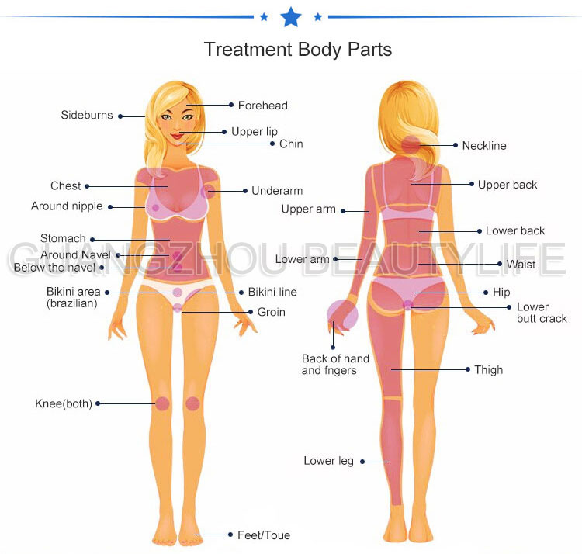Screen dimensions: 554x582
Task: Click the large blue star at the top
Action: (290, 16)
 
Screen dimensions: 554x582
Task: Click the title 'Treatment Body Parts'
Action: (298, 50)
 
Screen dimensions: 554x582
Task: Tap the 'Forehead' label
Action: (262, 105)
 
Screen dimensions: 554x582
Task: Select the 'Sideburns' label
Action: (87, 116)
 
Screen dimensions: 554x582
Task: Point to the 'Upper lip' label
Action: (254, 132)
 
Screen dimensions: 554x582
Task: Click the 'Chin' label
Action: (291, 144)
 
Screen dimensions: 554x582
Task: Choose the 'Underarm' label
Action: (277, 191)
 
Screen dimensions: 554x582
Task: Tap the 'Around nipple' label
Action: (67, 206)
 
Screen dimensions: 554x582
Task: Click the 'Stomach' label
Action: (63, 239)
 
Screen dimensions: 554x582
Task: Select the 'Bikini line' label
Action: (272, 293)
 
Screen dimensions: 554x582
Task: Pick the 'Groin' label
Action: (272, 312)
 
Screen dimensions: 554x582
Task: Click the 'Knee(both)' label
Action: (64, 403)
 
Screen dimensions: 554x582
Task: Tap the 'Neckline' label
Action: (483, 145)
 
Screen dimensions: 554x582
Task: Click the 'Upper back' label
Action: (508, 185)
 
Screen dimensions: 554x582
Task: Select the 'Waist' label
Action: (521, 265)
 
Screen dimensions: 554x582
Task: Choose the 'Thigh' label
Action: (489, 370)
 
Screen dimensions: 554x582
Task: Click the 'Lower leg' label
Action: (328, 461)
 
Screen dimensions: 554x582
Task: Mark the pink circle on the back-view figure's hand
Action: (342, 315)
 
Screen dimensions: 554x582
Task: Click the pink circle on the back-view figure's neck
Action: (412, 144)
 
